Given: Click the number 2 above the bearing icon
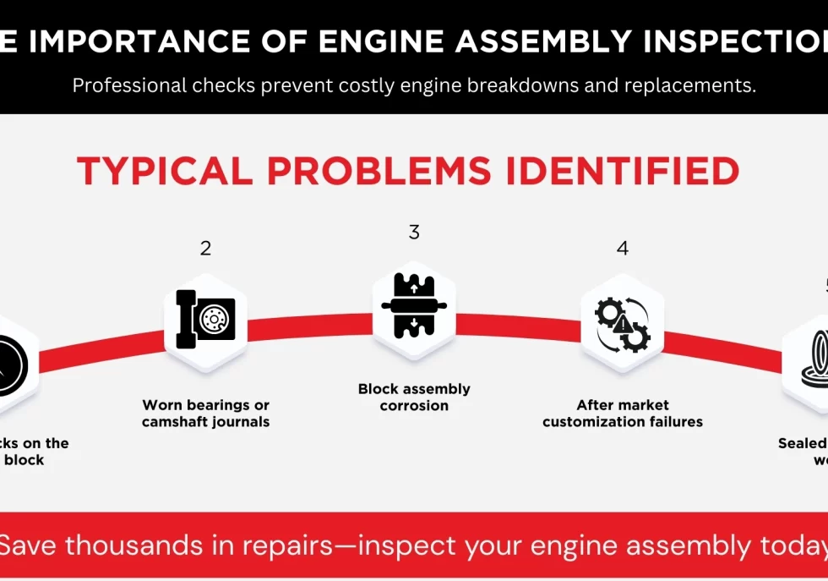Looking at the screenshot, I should [205, 249].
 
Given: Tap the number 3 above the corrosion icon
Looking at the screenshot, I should [414, 233].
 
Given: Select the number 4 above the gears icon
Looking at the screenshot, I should [623, 249].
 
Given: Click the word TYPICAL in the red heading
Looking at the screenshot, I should [165, 172].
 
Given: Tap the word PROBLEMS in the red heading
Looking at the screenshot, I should [376, 172].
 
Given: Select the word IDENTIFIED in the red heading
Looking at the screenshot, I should [619, 172].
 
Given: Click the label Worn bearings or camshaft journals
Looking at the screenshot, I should [205, 414].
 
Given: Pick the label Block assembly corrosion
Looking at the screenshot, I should [414, 397].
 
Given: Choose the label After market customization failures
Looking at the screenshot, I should [623, 414].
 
